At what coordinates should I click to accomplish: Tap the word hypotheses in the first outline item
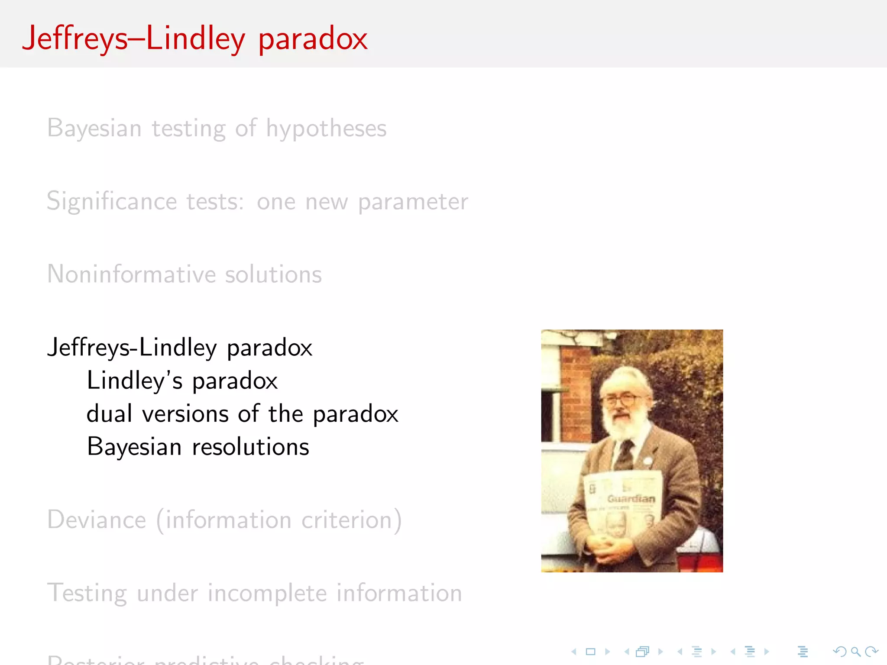coord(326,129)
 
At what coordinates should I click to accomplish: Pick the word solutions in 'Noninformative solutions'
coord(273,274)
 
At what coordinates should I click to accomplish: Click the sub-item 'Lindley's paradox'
coord(182,381)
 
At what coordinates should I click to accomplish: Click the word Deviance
coord(97,520)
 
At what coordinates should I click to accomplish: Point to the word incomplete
coord(267,593)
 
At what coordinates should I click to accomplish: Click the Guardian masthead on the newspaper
coord(631,499)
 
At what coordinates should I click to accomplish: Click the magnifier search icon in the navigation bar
coord(855,652)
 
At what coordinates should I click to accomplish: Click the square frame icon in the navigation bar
coord(590,652)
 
